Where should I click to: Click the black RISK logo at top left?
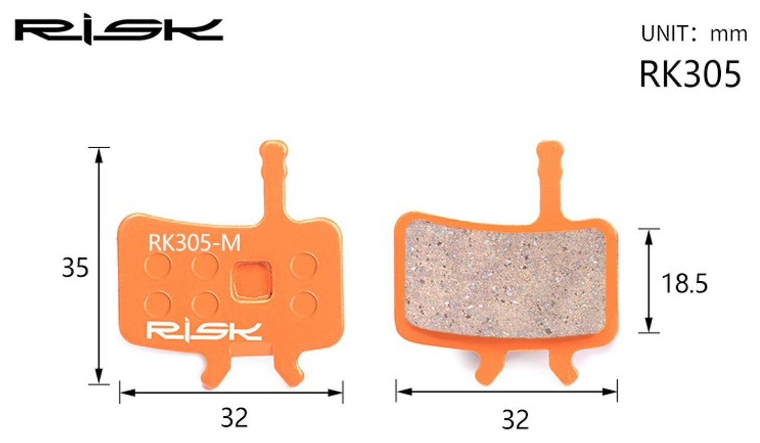[119, 31]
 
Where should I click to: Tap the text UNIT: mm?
[694, 34]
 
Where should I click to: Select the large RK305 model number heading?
[689, 74]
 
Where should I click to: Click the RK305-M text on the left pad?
[194, 243]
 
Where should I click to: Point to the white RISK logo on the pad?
[204, 331]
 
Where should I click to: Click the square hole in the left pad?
[252, 281]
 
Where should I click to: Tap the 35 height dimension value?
[75, 268]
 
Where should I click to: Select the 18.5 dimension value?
[684, 283]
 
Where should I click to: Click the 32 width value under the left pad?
[234, 417]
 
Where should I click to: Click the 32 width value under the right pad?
[515, 419]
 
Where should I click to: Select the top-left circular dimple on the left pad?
[158, 265]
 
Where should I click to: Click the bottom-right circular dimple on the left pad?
[304, 304]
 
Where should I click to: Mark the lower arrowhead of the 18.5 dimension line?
[649, 325]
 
